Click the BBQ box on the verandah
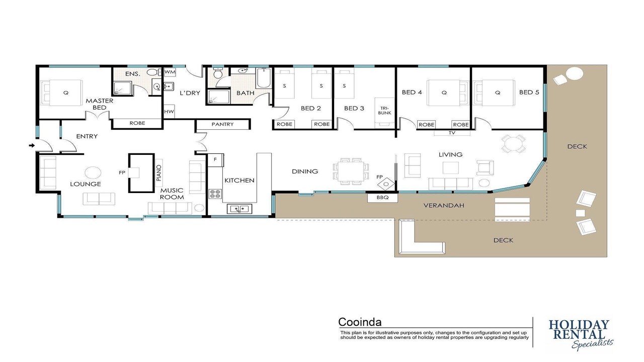pyautogui.click(x=382, y=198)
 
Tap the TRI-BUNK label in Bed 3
pyautogui.click(x=384, y=111)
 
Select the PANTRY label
pyautogui.click(x=222, y=124)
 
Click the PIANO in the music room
pyautogui.click(x=158, y=172)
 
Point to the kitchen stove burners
pyautogui.click(x=215, y=194)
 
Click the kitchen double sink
pyautogui.click(x=239, y=209)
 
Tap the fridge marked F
pyautogui.click(x=216, y=160)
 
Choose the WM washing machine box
pyautogui.click(x=170, y=72)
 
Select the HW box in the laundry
pyautogui.click(x=169, y=112)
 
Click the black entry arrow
pyautogui.click(x=32, y=146)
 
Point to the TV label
pyautogui.click(x=452, y=133)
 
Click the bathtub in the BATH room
pyautogui.click(x=263, y=78)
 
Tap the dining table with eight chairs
pyautogui.click(x=351, y=171)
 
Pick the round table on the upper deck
pyautogui.click(x=575, y=74)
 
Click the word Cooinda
pyautogui.click(x=360, y=322)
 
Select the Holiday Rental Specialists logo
pyautogui.click(x=580, y=335)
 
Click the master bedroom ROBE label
pyautogui.click(x=137, y=123)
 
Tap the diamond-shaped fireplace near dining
pyautogui.click(x=386, y=184)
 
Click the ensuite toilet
pyautogui.click(x=153, y=72)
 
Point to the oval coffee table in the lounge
pyautogui.click(x=93, y=172)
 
